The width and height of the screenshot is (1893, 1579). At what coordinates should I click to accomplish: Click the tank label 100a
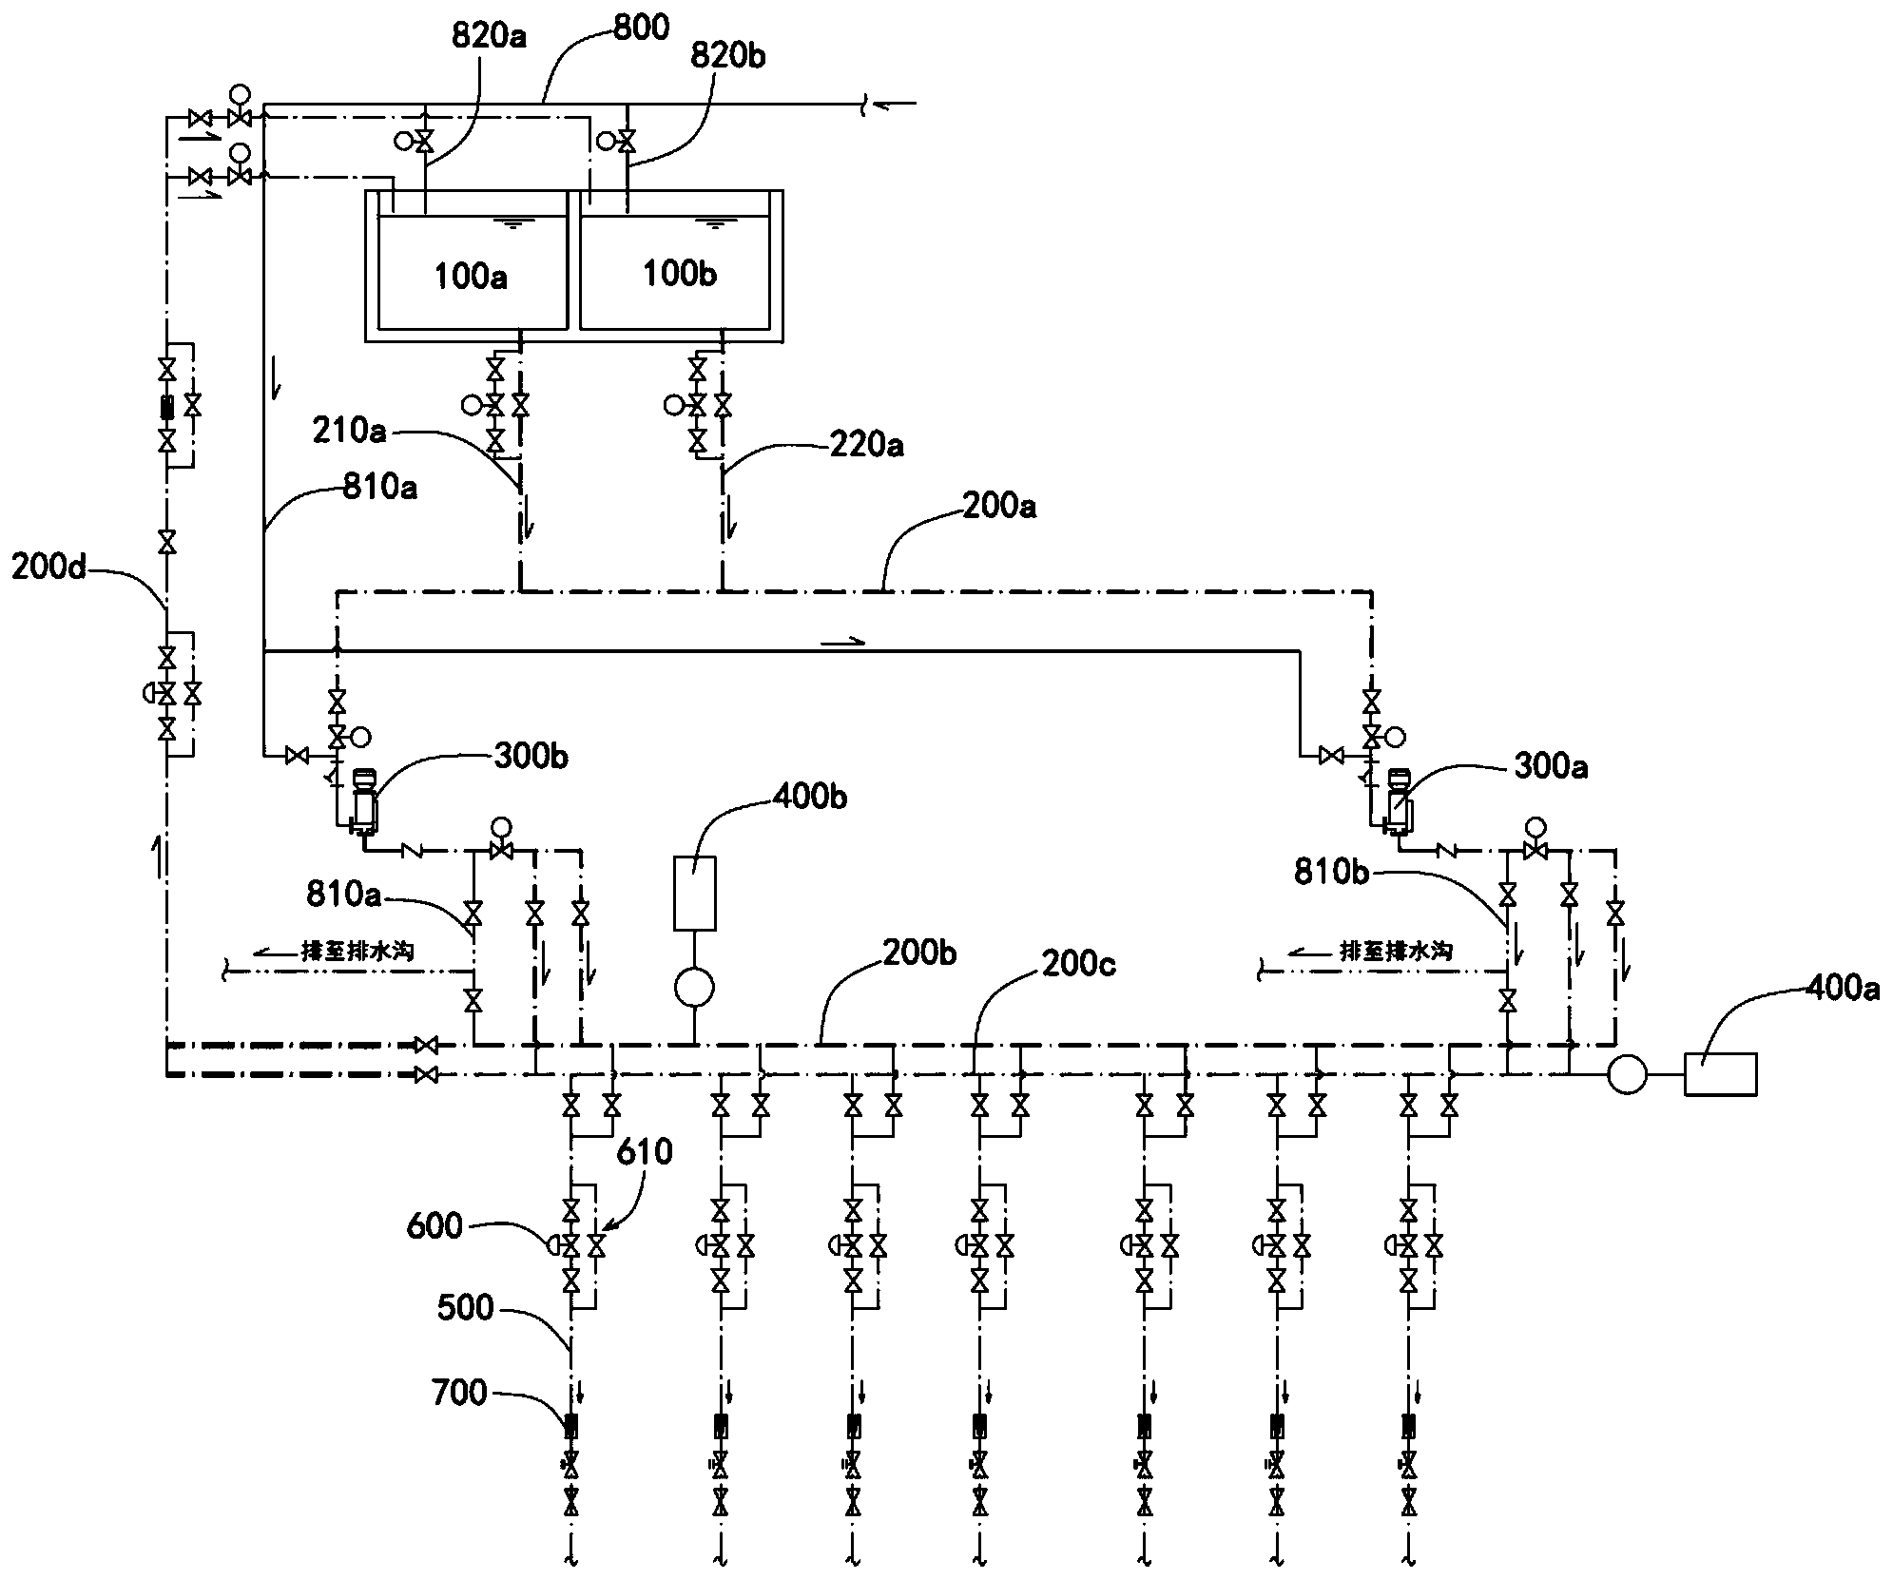pyautogui.click(x=471, y=277)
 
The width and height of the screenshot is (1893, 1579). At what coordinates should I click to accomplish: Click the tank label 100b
pyautogui.click(x=679, y=274)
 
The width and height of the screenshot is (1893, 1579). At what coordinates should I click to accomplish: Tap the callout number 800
pyautogui.click(x=641, y=27)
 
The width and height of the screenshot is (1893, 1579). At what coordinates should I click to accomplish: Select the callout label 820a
pyautogui.click(x=491, y=37)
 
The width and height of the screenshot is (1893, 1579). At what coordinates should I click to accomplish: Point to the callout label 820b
pyautogui.click(x=728, y=56)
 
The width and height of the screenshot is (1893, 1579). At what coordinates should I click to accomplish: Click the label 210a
pyautogui.click(x=350, y=431)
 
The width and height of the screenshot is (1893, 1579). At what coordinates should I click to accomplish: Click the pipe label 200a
pyautogui.click(x=997, y=506)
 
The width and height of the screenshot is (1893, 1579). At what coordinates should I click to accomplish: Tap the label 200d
pyautogui.click(x=50, y=567)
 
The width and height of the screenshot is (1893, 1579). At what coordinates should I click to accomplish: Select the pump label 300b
pyautogui.click(x=532, y=757)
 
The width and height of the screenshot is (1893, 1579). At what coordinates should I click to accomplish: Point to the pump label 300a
pyautogui.click(x=1550, y=766)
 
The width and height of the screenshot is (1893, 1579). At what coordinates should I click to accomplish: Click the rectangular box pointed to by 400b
pyautogui.click(x=695, y=894)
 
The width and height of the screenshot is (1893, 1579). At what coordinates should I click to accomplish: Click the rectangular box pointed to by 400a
pyautogui.click(x=1720, y=1074)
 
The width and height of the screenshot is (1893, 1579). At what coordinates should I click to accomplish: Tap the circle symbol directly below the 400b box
pyautogui.click(x=695, y=988)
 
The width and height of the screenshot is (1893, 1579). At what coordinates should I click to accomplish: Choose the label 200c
pyautogui.click(x=1079, y=964)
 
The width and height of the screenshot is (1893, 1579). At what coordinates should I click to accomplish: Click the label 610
pyautogui.click(x=645, y=1152)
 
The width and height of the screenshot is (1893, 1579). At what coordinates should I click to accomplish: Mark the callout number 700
pyautogui.click(x=460, y=1394)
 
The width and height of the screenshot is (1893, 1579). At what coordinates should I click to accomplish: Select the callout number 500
pyautogui.click(x=466, y=1308)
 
